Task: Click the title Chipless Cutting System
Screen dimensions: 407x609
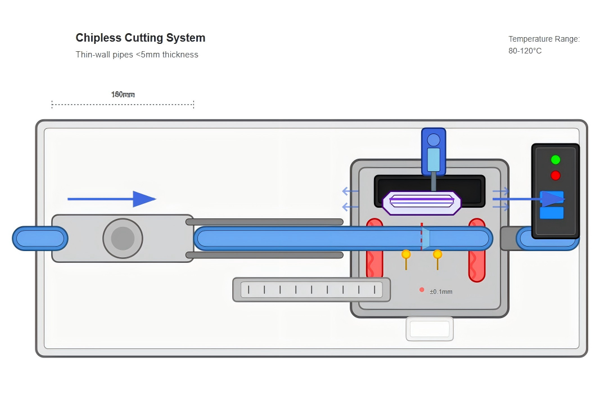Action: (x=141, y=38)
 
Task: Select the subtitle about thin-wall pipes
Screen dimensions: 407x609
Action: (x=137, y=55)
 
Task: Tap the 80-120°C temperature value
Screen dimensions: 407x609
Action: (x=525, y=51)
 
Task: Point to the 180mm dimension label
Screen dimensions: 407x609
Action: (x=123, y=95)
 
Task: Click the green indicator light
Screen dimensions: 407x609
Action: (x=556, y=160)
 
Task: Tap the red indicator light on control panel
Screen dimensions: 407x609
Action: (x=556, y=175)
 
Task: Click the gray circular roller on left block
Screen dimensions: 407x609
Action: (x=123, y=239)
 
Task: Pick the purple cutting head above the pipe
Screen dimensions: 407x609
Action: (x=422, y=203)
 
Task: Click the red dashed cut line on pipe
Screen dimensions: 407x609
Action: (x=421, y=237)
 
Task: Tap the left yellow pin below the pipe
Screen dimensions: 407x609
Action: (x=406, y=255)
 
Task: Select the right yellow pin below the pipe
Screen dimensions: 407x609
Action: (x=437, y=255)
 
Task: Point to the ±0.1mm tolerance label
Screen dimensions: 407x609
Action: (x=441, y=292)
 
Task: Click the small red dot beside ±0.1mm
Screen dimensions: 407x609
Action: (x=422, y=290)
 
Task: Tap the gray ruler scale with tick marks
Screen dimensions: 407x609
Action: (x=312, y=289)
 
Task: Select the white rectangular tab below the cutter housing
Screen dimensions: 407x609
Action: (x=430, y=329)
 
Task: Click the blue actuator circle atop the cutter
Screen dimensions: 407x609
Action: (x=434, y=140)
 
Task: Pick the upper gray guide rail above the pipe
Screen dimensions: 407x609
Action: (x=264, y=222)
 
